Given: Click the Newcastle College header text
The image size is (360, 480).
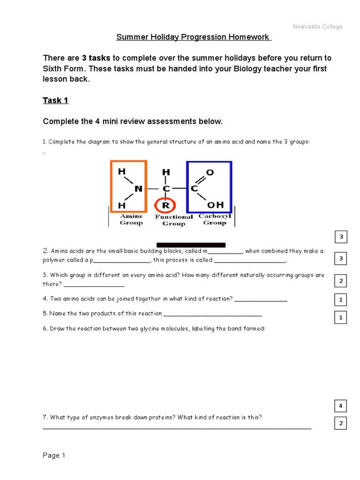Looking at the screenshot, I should [x=317, y=27].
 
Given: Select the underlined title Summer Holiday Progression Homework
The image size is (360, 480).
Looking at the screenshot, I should [x=193, y=37].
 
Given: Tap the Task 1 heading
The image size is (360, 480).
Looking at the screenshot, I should [x=56, y=100].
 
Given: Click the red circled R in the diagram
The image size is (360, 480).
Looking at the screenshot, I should [x=165, y=205].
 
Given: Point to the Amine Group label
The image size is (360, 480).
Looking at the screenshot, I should [x=131, y=219].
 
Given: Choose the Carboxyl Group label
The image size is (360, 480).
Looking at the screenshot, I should [x=215, y=219].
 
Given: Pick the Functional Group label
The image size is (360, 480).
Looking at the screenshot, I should [x=173, y=220].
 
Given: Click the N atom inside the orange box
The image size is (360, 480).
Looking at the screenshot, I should [x=138, y=189].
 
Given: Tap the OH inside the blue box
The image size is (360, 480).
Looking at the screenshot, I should [x=216, y=205].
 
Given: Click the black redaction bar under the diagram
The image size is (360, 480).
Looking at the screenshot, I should [x=191, y=245].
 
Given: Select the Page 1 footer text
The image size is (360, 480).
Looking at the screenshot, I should [x=54, y=456].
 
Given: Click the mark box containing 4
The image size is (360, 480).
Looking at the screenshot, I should [x=341, y=405].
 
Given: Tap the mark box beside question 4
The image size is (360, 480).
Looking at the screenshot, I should [x=341, y=299].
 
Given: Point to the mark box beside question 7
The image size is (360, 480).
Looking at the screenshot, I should [x=341, y=424].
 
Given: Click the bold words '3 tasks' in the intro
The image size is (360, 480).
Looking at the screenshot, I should [x=96, y=58].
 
